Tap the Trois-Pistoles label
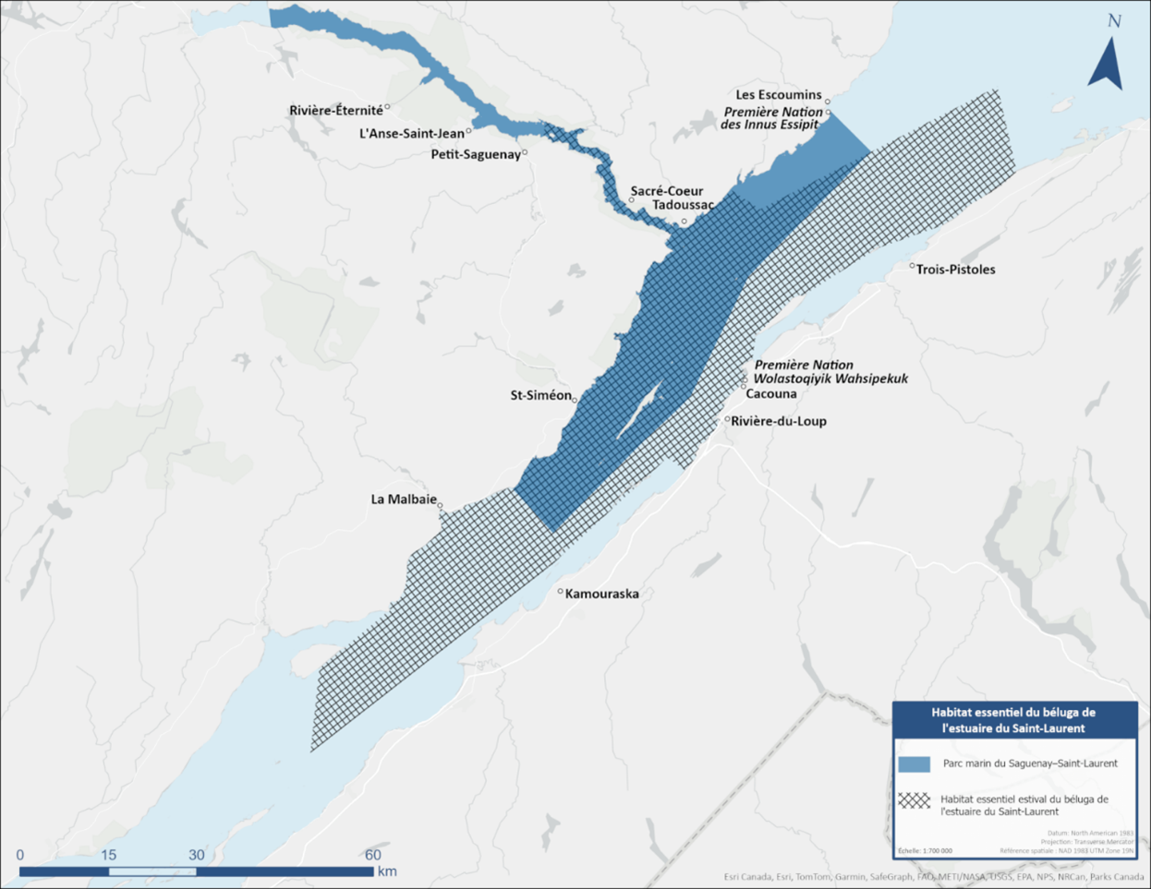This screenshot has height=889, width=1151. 955,270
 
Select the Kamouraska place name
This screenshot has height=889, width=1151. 601,594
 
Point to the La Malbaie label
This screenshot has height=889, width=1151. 404,499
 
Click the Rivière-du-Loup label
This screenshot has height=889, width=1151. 779,421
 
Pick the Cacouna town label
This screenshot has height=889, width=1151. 770,393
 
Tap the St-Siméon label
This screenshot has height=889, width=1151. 541,395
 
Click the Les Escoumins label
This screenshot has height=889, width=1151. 779,95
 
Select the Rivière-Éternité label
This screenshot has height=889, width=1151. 336,111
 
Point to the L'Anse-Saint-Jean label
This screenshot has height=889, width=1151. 412,133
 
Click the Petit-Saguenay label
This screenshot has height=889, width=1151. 476,154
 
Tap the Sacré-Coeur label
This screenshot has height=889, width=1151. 666,191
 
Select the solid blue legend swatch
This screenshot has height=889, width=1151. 914,764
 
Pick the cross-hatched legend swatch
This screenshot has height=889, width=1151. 914,799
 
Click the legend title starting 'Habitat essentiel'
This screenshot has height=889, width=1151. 1013,720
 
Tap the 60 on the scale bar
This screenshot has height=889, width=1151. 372,855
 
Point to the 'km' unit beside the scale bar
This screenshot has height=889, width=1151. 387,871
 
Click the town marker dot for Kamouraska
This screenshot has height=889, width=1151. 561,592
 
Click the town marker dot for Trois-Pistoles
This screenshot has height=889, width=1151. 912,266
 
